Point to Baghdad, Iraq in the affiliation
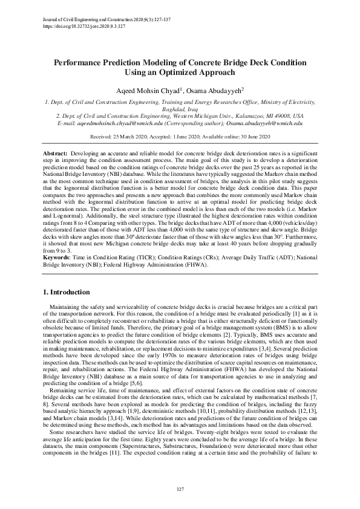click(179, 109)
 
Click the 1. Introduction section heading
click(68, 293)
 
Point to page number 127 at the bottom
click(180, 488)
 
